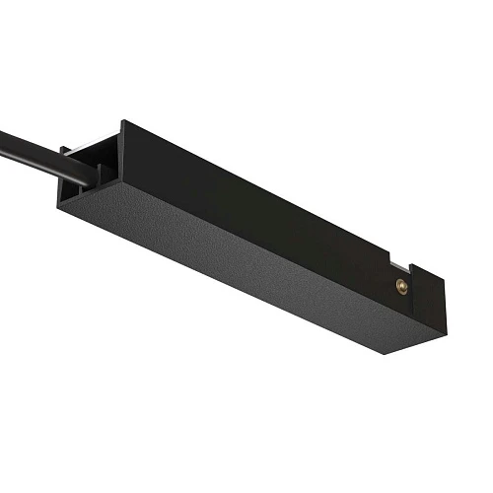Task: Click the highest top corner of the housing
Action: (122, 122)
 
